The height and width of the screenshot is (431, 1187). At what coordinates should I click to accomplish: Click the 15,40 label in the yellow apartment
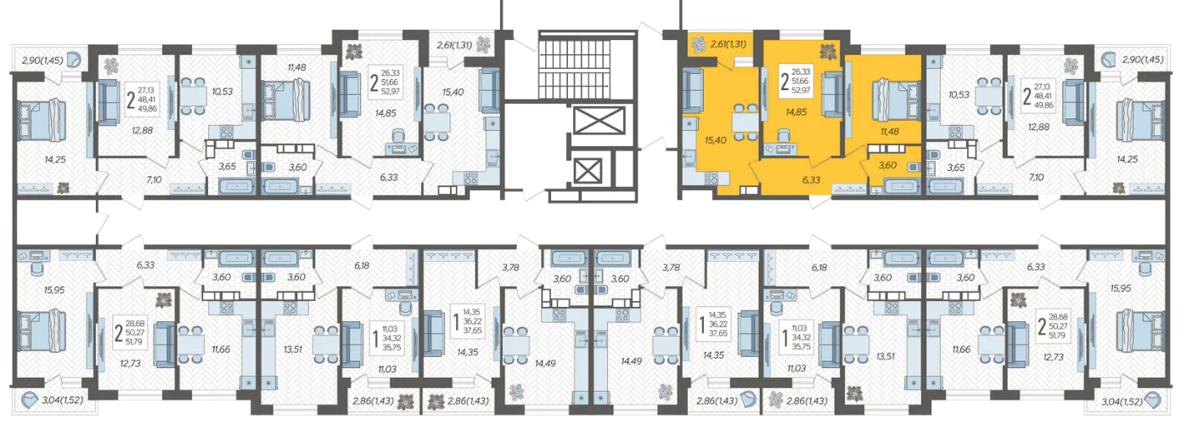point(716,140)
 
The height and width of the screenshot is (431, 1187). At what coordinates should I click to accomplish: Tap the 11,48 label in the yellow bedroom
point(890,132)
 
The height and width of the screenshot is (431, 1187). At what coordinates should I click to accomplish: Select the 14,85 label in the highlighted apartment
point(796,112)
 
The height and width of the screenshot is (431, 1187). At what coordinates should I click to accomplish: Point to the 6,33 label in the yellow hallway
point(812,180)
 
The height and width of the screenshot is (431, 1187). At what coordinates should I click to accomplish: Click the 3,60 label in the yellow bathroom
point(887,165)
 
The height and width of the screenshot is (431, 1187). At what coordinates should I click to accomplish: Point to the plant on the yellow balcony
point(700,43)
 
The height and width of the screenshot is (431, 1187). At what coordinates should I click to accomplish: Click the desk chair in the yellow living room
point(782,136)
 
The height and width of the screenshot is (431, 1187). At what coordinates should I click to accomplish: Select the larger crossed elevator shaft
point(599,121)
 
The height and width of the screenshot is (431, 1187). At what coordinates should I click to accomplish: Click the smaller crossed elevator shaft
point(588,172)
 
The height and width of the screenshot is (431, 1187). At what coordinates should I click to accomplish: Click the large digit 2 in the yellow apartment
point(785,82)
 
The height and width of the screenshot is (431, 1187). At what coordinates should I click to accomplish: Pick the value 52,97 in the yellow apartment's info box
point(801,90)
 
